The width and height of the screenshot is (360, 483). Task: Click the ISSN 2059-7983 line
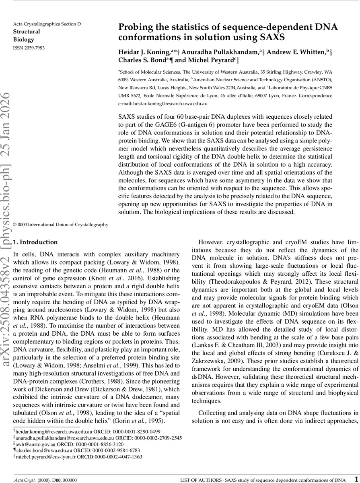click(29, 48)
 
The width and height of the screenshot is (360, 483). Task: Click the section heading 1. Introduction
click(35, 242)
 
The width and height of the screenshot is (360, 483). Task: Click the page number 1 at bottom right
click(356, 479)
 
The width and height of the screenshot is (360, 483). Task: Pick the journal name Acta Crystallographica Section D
click(47, 24)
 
